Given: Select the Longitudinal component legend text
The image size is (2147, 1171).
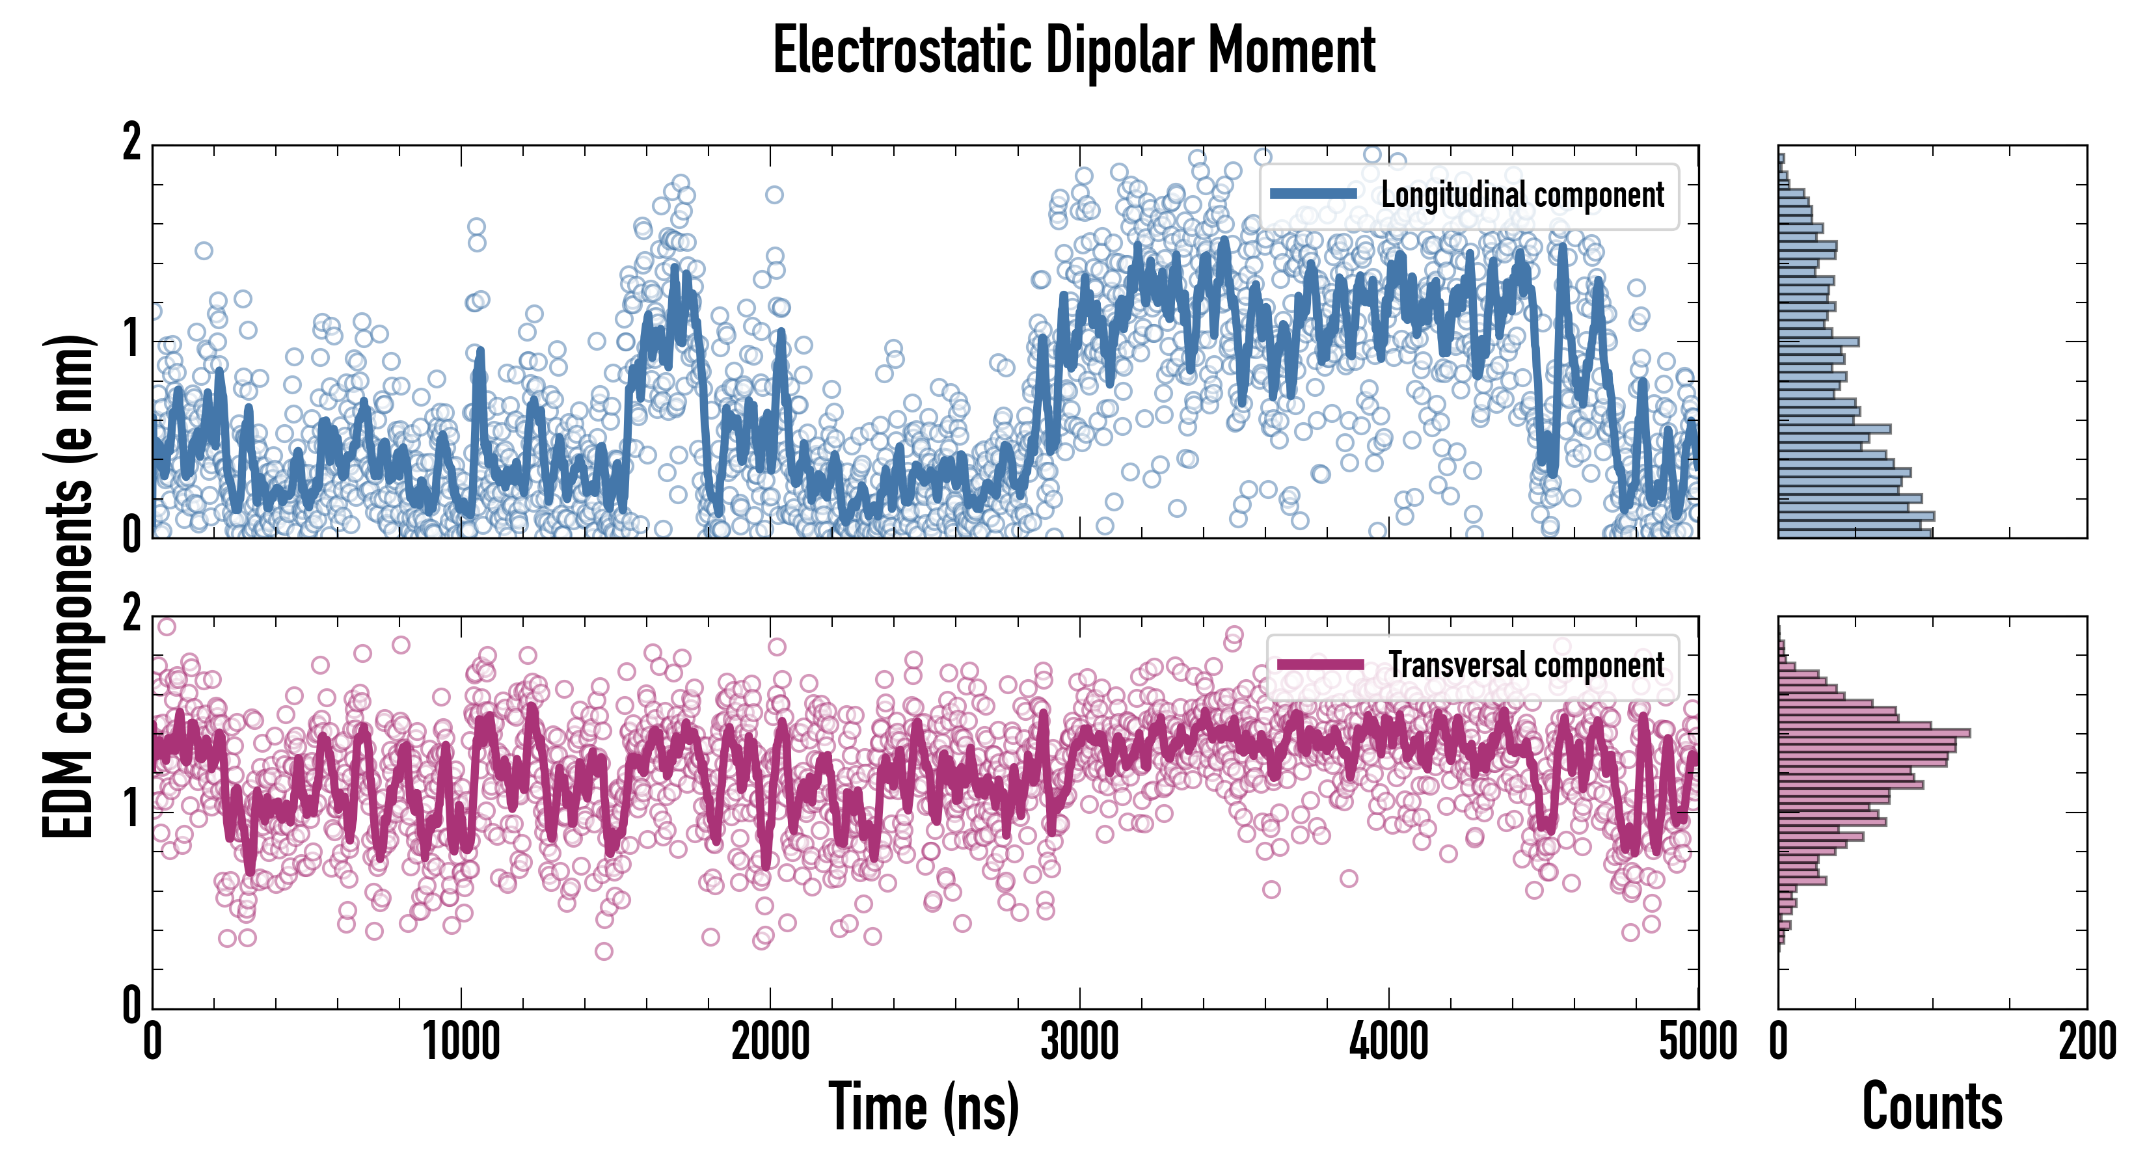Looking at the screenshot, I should click(1522, 195).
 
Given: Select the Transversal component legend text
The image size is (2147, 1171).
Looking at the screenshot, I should click(1526, 665).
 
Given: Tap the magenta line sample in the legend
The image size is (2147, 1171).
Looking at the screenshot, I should click(1320, 665).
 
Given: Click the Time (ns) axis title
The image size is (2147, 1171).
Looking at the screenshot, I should click(923, 1107).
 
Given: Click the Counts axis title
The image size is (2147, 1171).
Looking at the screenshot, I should click(1932, 1107).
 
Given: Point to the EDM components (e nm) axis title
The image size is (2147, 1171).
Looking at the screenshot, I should click(68, 587).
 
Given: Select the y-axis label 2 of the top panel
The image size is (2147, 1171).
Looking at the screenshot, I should click(131, 142).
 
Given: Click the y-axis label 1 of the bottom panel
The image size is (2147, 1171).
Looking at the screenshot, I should click(131, 809).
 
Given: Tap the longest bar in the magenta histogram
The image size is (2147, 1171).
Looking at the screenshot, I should click(1874, 733).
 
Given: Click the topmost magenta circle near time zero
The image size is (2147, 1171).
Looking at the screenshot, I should click(167, 626).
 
